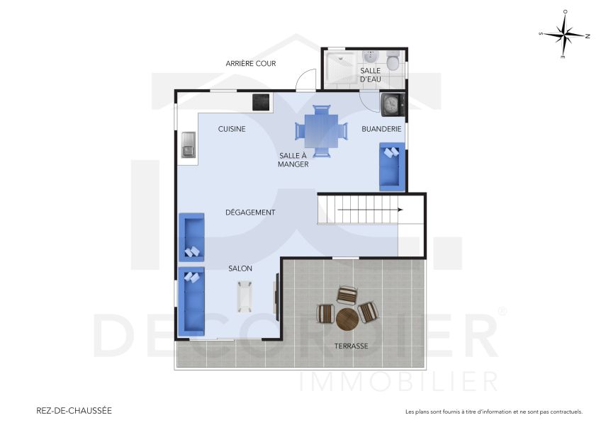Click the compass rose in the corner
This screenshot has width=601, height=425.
(x=564, y=34)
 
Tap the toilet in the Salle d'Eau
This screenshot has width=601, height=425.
(x=393, y=57)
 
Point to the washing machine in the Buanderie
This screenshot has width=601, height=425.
(x=392, y=105)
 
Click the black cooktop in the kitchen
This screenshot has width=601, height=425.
(x=262, y=102)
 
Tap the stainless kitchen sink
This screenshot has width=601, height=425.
(x=189, y=144)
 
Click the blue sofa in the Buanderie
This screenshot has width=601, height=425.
(x=391, y=166)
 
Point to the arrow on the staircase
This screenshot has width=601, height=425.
(x=369, y=210)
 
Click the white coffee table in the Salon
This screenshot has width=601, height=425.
(x=246, y=296)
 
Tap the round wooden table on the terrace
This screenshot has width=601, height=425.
(x=348, y=319)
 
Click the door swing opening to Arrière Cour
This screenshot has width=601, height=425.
(x=305, y=80)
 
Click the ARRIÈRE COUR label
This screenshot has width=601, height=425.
(x=250, y=64)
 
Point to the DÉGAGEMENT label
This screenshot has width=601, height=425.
(x=249, y=212)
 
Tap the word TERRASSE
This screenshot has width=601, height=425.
(x=351, y=346)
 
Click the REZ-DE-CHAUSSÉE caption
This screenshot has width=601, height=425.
(x=74, y=410)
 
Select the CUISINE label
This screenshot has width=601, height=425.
(x=232, y=129)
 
